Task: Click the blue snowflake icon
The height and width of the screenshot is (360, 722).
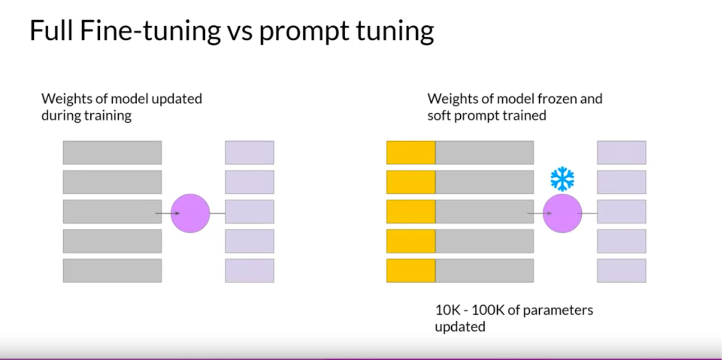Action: pos(562,179)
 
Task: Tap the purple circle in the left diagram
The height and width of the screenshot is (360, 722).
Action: pos(190,213)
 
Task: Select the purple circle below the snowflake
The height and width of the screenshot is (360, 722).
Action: pos(562,213)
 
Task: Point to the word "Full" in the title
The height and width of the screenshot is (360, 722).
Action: pos(51,30)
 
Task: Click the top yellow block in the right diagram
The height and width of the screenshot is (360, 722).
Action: pos(411,152)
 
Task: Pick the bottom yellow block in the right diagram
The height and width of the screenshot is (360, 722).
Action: pos(411,271)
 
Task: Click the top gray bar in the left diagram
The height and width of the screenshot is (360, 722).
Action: pos(112,152)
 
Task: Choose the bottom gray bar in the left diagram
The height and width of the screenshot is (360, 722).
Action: pos(112,271)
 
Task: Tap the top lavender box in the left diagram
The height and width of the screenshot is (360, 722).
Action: pos(250,152)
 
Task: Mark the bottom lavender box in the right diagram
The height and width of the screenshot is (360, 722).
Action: pos(621,271)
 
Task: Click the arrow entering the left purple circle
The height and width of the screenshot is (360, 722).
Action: pos(167,213)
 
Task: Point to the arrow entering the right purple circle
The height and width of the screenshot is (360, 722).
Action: pos(539,213)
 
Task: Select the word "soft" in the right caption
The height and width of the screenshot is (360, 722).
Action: pos(439,115)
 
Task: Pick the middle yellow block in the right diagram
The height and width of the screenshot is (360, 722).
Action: pos(411,212)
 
